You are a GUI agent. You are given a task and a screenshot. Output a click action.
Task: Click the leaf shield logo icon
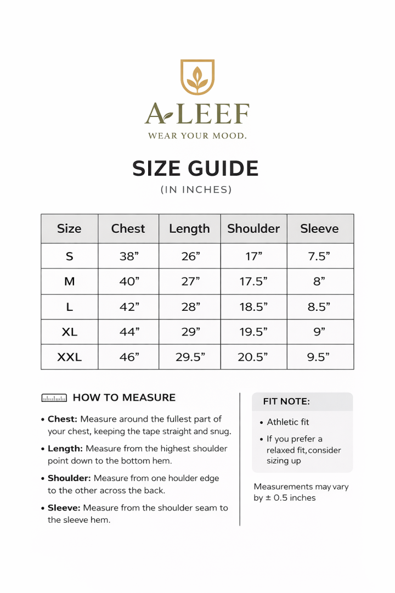[x=198, y=77]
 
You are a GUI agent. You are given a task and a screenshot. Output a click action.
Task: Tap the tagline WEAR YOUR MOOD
[x=198, y=135]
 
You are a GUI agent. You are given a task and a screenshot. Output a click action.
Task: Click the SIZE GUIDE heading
[x=196, y=169]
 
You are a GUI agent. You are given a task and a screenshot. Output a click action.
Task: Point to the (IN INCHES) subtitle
[x=196, y=189]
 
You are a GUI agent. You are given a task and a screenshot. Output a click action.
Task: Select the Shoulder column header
[x=253, y=228]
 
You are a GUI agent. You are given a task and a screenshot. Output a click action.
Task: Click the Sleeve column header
[x=319, y=228]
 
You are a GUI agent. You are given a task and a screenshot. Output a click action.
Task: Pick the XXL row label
[x=70, y=357]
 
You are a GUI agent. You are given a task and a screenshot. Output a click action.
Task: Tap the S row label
[x=70, y=256]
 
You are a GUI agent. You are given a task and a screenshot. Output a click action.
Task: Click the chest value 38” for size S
[x=129, y=256]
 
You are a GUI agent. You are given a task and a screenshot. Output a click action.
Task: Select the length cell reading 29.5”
[x=190, y=357]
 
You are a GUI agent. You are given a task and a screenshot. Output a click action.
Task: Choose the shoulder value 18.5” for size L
[x=253, y=307]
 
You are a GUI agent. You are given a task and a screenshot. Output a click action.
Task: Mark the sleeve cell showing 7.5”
[x=319, y=256]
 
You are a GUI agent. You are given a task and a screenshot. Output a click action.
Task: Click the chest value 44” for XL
[x=129, y=332]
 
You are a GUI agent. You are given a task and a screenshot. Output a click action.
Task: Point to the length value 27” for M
[x=190, y=282]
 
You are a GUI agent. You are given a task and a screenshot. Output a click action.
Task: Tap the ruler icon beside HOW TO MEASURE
[x=54, y=398]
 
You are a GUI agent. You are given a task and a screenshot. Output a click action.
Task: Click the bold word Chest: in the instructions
[x=63, y=419]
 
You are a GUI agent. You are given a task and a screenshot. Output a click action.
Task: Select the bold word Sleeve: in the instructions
[x=64, y=508]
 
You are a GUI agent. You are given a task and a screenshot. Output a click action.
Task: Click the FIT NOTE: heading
[x=286, y=401]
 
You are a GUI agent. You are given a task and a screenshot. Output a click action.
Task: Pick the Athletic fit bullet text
[x=288, y=422]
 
